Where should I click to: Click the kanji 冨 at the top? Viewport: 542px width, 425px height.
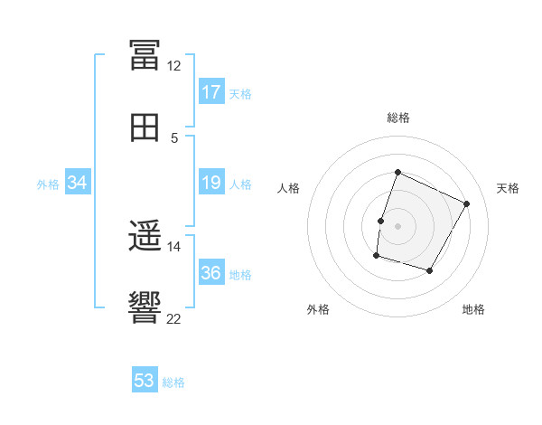pos(145,55)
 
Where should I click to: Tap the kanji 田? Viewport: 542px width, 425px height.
pos(145,127)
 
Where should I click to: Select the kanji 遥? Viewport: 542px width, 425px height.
pos(145,236)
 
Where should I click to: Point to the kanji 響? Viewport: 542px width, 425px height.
pos(145,307)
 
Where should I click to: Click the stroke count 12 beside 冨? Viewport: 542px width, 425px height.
pos(173,66)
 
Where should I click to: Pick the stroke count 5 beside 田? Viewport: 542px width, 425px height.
pos(174,138)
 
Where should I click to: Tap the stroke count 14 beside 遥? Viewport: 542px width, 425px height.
pos(173,247)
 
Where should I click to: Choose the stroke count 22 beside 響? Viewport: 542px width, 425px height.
pos(173,318)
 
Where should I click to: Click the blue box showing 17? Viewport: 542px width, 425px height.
pos(211,91)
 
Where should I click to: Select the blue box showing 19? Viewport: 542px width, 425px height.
pos(211,182)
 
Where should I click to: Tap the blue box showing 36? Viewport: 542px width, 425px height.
pos(211,271)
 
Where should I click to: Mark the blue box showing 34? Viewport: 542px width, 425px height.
pos(78,182)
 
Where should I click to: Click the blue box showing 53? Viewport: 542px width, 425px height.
pos(145,379)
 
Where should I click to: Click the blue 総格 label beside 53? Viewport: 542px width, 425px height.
pos(173,382)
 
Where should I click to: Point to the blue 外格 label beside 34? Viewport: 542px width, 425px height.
pos(48,184)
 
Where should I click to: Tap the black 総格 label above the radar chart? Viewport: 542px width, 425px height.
pos(397,118)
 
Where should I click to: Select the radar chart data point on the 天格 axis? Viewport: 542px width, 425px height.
pos(466,203)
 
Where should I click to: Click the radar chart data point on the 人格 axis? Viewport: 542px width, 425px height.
pos(380,221)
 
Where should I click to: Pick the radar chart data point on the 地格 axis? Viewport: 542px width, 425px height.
pos(429,270)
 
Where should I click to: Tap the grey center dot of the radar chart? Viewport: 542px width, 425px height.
pos(397,226)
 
